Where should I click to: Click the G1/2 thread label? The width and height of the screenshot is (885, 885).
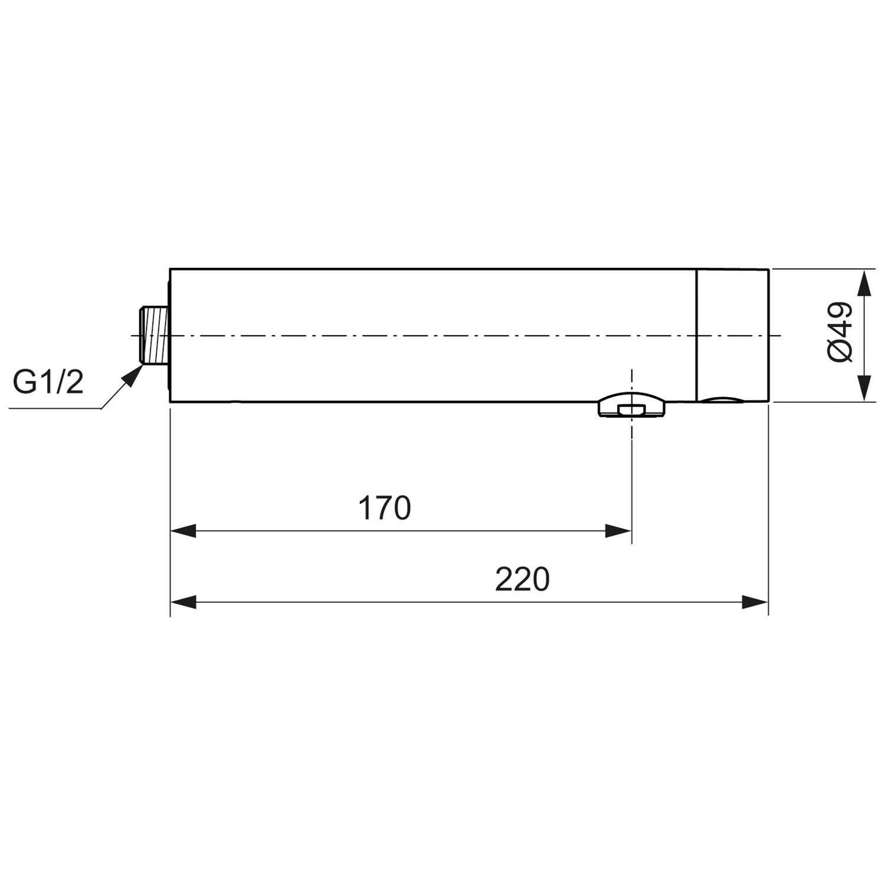48,382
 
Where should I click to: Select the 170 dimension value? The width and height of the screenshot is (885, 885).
384,508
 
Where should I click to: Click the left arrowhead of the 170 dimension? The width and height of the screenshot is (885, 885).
183,531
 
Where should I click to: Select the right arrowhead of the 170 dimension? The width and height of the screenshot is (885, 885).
618,531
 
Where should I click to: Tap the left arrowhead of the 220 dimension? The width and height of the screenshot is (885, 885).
183,602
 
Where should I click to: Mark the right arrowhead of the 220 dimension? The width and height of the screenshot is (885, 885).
755,602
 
